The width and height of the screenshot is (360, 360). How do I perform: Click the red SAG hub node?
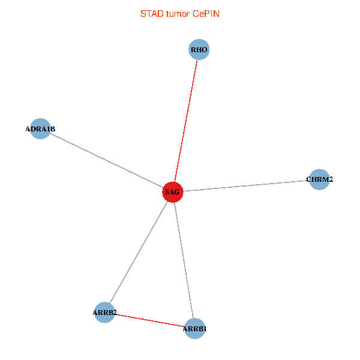(172, 192)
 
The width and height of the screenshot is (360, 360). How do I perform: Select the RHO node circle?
(199, 50)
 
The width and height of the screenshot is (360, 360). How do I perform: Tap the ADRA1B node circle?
(40, 128)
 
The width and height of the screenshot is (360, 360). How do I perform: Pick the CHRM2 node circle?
(319, 179)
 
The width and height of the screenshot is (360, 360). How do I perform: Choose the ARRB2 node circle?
(105, 312)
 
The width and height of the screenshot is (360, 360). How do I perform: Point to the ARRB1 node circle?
(194, 328)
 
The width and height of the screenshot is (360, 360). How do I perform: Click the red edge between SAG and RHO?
(186, 120)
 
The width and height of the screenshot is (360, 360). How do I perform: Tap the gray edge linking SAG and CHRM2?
(246, 185)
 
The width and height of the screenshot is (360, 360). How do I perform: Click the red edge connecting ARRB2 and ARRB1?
(150, 320)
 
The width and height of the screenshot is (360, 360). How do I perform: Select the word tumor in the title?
(178, 14)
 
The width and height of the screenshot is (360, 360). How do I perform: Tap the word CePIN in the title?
(206, 14)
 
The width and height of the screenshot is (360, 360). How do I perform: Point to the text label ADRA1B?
(40, 129)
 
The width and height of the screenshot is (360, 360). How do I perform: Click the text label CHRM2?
(319, 179)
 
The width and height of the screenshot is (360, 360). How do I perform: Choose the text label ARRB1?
(195, 329)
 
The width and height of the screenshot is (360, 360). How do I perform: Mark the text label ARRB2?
(105, 313)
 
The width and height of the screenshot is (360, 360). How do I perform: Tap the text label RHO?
(199, 50)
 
